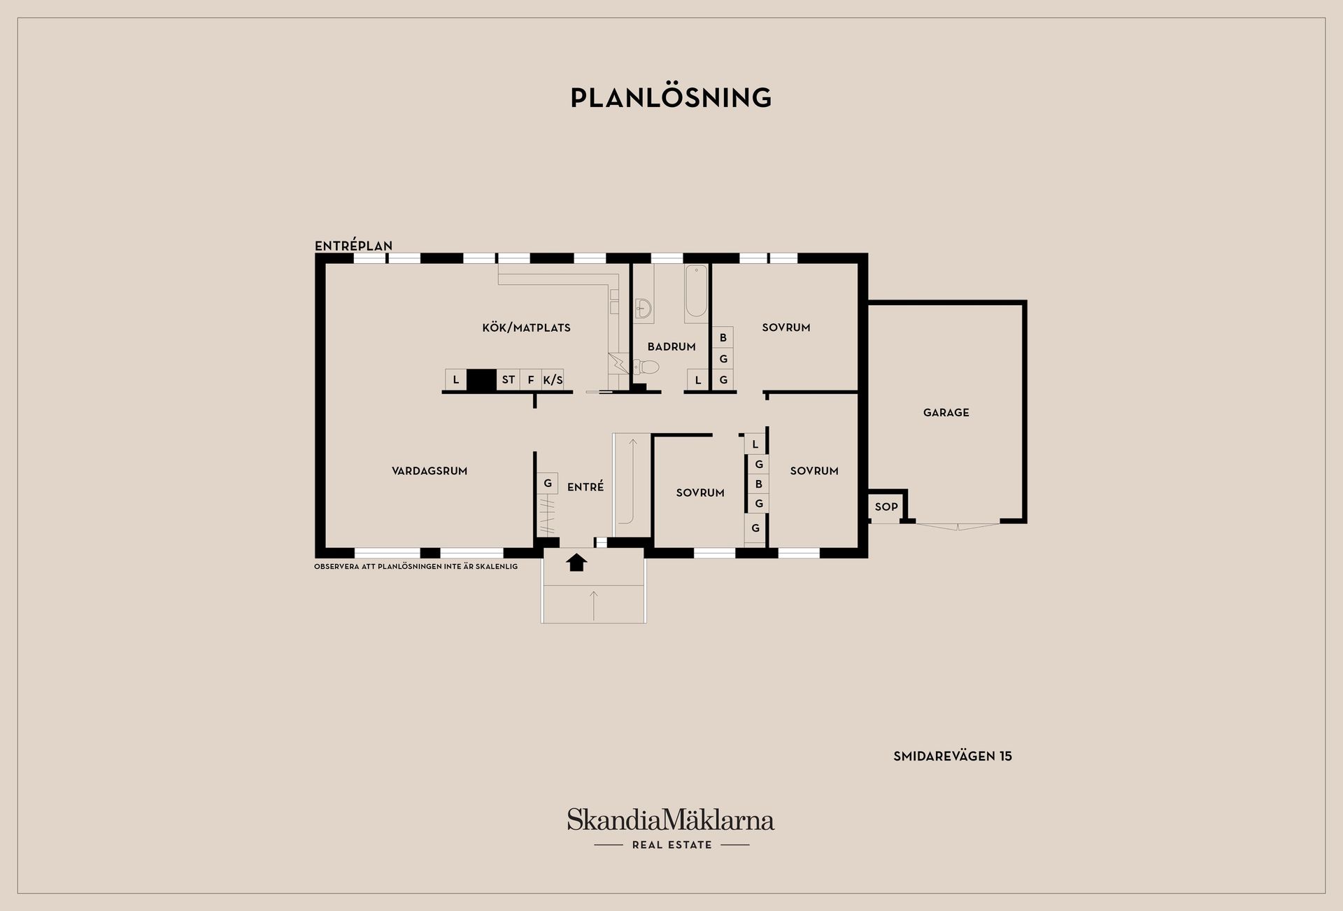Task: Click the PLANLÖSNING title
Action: (x=671, y=97)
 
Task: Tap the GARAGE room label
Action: (x=946, y=413)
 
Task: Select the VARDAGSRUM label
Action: (x=429, y=471)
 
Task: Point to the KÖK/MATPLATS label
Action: (x=526, y=327)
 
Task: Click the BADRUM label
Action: (x=671, y=346)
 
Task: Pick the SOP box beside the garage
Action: (x=886, y=507)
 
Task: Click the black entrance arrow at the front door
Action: (x=576, y=562)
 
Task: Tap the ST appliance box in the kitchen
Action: (x=509, y=379)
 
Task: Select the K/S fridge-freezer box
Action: (x=553, y=379)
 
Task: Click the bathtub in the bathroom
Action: (x=696, y=293)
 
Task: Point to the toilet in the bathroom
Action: (x=646, y=366)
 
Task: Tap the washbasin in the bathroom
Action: (x=644, y=308)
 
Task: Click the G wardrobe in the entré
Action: (x=548, y=483)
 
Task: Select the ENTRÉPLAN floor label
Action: (x=353, y=246)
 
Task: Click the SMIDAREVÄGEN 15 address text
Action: (x=953, y=756)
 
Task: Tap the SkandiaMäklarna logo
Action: (x=671, y=828)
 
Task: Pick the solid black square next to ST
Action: (x=481, y=379)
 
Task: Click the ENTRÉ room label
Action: (x=585, y=487)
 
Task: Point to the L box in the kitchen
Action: (x=456, y=379)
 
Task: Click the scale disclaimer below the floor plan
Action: (x=416, y=566)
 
